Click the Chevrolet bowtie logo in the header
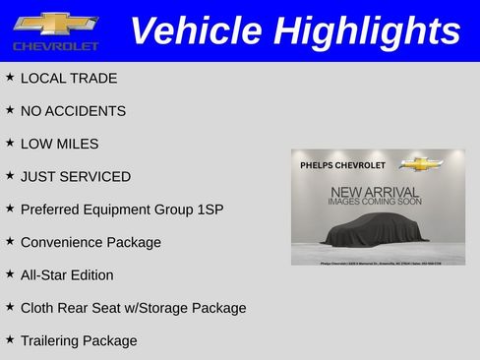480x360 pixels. pyautogui.click(x=56, y=24)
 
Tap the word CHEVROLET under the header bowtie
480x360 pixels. pyautogui.click(x=56, y=46)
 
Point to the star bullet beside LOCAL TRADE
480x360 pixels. pyautogui.click(x=10, y=78)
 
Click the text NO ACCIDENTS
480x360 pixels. pyautogui.click(x=73, y=111)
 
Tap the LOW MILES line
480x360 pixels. pyautogui.click(x=59, y=144)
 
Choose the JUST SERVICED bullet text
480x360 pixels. pyautogui.click(x=75, y=177)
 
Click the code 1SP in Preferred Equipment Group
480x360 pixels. pyautogui.click(x=211, y=210)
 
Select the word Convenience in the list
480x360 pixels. pyautogui.click(x=63, y=242)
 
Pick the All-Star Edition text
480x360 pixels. pyautogui.click(x=67, y=275)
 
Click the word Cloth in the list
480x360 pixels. pyautogui.click(x=38, y=308)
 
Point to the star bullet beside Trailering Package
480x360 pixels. pyautogui.click(x=10, y=340)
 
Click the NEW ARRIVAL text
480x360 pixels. pyautogui.click(x=375, y=191)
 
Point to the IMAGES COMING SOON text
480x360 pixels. pyautogui.click(x=375, y=202)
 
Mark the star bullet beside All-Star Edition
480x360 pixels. pyautogui.click(x=10, y=274)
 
